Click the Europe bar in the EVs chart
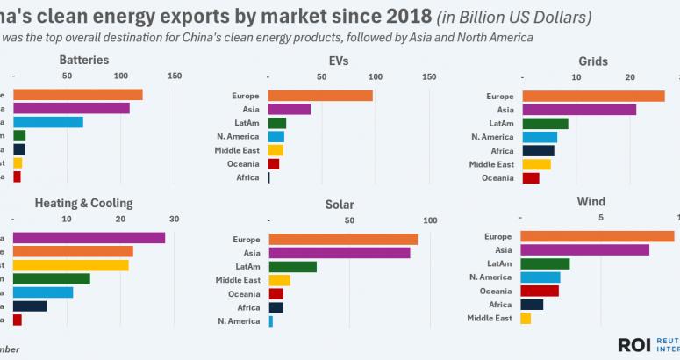coord(320,96)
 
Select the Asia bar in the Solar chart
coord(339,253)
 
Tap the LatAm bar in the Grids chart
coord(545,123)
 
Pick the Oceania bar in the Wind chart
coord(540,291)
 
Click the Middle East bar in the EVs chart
coord(276,150)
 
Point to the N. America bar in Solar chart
coord(270,321)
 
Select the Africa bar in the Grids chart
coord(538,150)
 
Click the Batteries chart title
coord(84,61)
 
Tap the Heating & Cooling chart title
coord(83,203)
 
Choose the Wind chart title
coord(591,202)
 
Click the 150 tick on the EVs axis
coord(429,76)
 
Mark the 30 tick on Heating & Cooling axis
coord(174,219)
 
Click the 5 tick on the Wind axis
coord(601,217)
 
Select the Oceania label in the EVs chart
coord(243,164)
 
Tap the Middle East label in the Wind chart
coord(490,318)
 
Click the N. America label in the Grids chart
coord(492,137)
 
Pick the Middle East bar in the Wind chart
coord(526,318)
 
